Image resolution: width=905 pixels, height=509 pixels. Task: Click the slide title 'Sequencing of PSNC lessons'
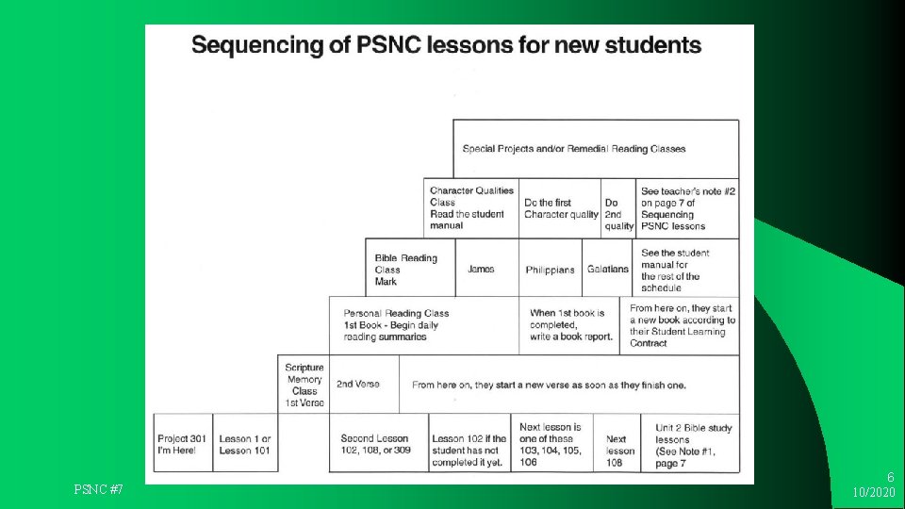(446, 45)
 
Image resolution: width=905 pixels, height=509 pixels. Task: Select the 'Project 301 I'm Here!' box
(183, 444)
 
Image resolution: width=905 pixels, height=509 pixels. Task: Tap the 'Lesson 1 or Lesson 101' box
(245, 444)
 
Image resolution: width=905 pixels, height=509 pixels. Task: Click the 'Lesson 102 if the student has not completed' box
(469, 444)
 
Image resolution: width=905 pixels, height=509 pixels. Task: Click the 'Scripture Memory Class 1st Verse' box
(304, 385)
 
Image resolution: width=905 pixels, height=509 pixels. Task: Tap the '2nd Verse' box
(358, 385)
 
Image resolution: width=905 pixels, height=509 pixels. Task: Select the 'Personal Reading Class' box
(423, 325)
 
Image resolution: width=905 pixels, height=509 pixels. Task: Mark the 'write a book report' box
(569, 325)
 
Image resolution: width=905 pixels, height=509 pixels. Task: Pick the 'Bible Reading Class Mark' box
(409, 269)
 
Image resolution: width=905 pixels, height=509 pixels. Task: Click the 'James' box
(481, 269)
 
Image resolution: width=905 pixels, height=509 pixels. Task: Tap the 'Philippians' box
(550, 269)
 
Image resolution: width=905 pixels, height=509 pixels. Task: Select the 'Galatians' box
(607, 269)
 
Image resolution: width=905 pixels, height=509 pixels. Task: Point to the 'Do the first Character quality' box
(561, 208)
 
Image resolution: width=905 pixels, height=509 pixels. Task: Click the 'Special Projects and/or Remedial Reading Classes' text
(574, 149)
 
